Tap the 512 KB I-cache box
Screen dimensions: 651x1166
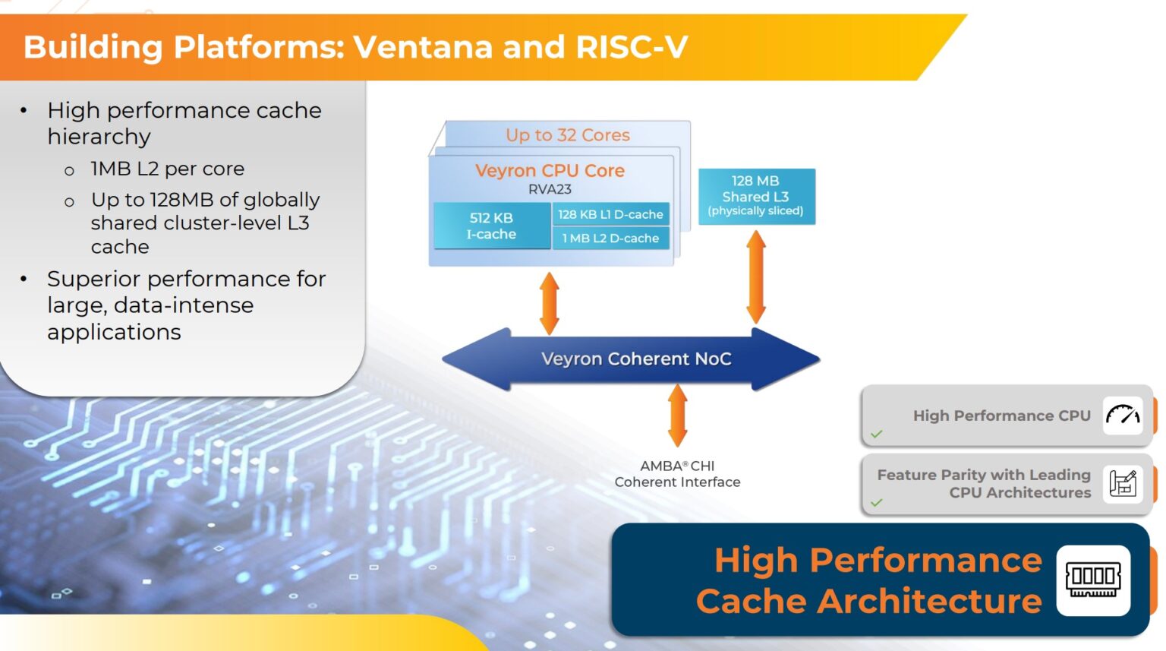[491, 226]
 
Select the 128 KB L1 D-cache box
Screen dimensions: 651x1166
[610, 214]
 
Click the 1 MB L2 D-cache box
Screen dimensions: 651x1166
[610, 239]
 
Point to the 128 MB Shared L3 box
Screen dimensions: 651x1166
[756, 196]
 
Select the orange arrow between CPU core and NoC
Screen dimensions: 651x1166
[550, 303]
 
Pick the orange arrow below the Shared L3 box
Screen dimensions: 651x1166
[756, 278]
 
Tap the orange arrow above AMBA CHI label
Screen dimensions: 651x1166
[678, 415]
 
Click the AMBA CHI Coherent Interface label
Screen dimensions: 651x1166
[677, 474]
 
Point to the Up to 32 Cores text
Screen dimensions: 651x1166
[568, 135]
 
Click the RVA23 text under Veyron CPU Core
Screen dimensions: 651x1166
[550, 189]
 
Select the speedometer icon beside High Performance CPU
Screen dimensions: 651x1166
[1122, 416]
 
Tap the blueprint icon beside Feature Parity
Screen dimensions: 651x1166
[1122, 483]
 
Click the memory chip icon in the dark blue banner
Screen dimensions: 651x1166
[1093, 580]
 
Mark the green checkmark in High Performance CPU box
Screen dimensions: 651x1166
[877, 435]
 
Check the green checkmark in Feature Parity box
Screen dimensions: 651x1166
[877, 503]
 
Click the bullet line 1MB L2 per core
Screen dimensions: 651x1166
[167, 169]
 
